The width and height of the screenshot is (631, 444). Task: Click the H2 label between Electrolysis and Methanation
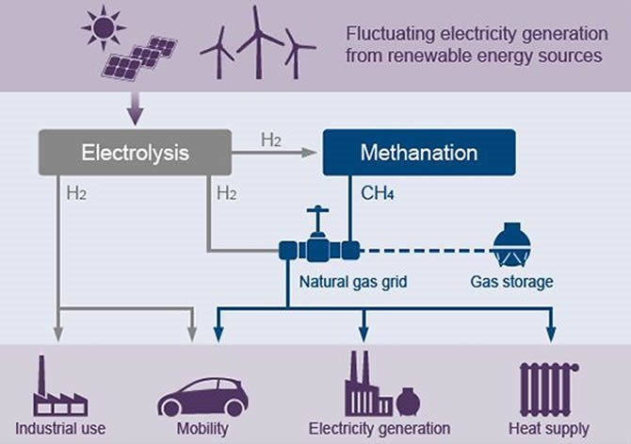[x=272, y=140]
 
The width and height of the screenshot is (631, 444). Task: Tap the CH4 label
[x=380, y=195]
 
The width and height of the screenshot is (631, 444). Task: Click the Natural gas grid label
[x=345, y=281]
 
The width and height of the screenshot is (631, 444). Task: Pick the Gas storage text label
[x=512, y=281]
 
